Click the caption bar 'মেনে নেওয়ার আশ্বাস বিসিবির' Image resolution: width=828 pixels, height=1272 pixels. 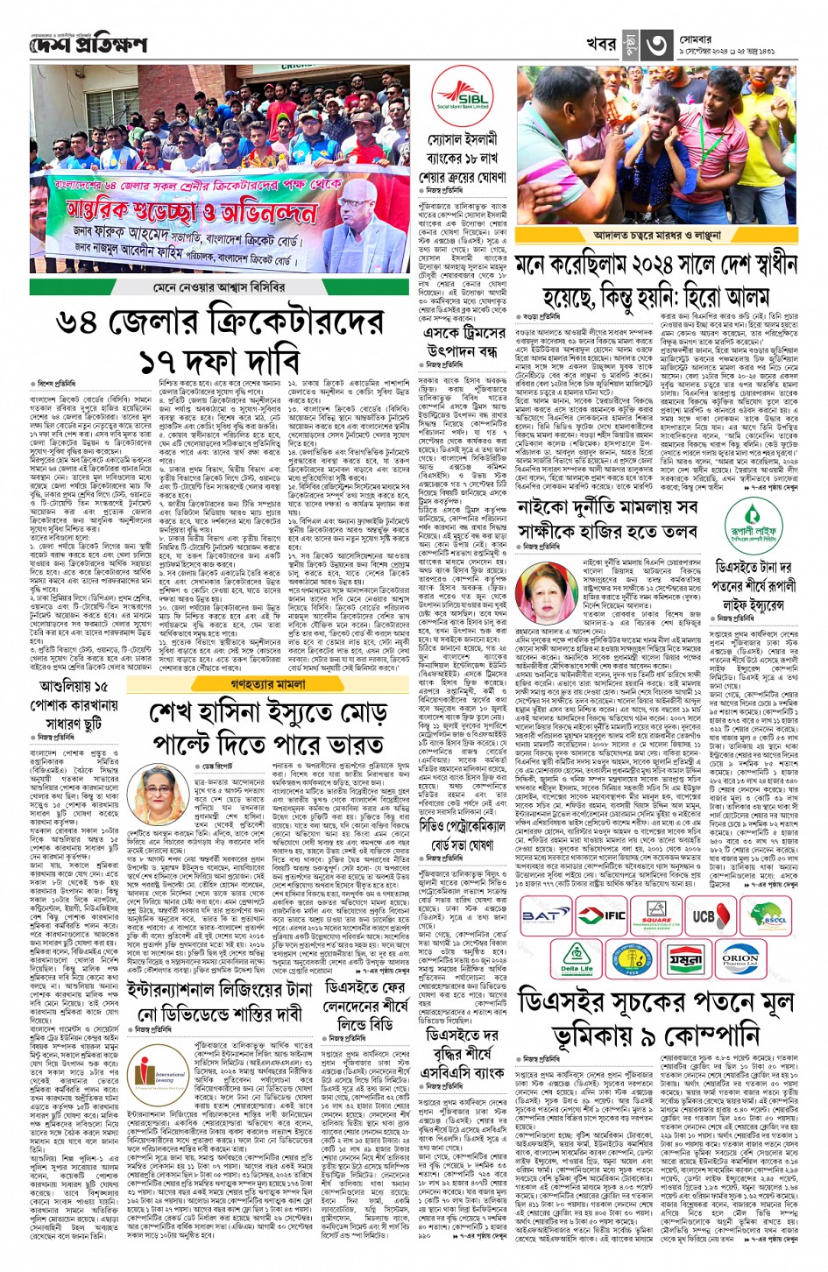(x=219, y=287)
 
